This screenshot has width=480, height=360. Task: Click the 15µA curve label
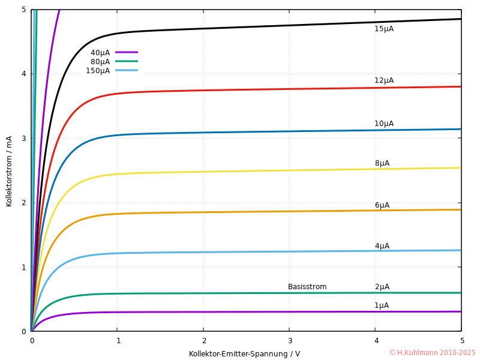coord(384,29)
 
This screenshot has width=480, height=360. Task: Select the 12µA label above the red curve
coord(384,80)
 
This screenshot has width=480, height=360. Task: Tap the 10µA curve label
coord(384,124)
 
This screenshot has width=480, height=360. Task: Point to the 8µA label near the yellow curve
coord(382,163)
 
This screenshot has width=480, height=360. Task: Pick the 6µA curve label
coord(382,205)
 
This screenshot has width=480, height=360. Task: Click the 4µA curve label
coord(382,246)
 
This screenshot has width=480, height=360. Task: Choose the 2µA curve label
coord(382,287)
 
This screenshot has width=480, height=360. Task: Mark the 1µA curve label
coord(382,305)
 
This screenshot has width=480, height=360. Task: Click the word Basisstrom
coord(307,287)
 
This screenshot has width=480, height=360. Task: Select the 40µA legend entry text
coord(100,52)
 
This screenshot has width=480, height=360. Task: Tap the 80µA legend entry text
coord(100,62)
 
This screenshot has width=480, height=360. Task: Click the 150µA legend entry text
coord(98,71)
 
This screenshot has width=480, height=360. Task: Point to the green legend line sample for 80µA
coord(127,61)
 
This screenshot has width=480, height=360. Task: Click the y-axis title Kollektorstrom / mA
coord(9,171)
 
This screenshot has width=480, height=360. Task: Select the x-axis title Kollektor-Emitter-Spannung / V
coord(244,354)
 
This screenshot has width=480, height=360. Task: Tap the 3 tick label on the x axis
coord(290,341)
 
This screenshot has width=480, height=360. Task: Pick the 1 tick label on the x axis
coord(118,341)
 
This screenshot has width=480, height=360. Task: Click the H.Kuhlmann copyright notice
coord(432,353)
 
